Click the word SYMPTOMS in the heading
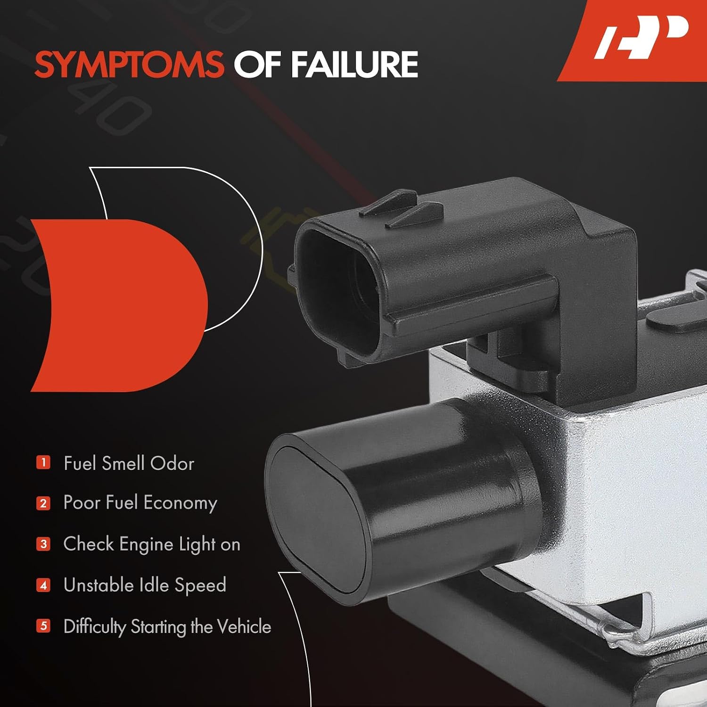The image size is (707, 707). point(129,65)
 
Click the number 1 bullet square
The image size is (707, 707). point(43,462)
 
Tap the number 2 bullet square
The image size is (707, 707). point(43,503)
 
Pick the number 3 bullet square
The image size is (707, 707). point(43,544)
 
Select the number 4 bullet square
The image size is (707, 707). point(43,585)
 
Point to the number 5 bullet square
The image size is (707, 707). point(43,626)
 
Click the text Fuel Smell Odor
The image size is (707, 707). point(129,463)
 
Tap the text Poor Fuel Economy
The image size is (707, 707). point(140,503)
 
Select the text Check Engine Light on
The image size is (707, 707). point(152,544)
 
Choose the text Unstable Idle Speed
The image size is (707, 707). point(145,585)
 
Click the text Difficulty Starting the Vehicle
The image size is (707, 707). point(167,627)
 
